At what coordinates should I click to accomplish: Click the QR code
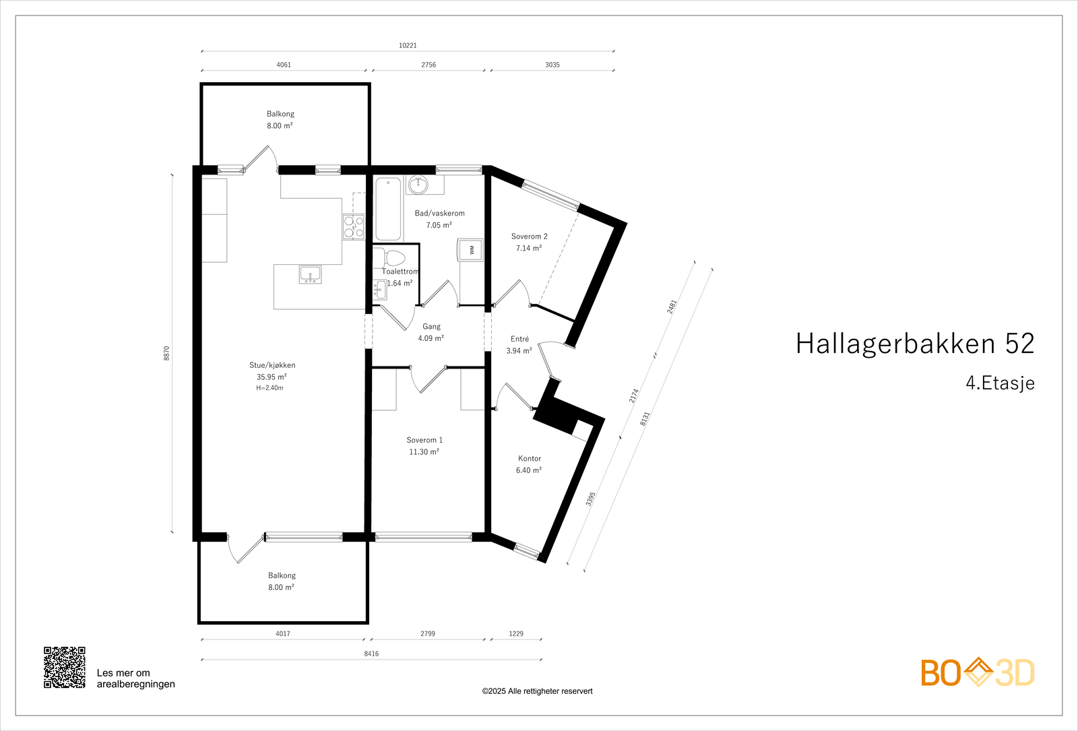pyautogui.click(x=65, y=668)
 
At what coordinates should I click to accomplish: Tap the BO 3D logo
pyautogui.click(x=977, y=672)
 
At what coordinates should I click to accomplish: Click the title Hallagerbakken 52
pyautogui.click(x=914, y=344)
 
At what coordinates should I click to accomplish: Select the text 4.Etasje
pyautogui.click(x=1000, y=383)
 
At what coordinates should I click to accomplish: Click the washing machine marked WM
pyautogui.click(x=471, y=249)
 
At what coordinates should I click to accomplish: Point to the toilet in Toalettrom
pyautogui.click(x=390, y=257)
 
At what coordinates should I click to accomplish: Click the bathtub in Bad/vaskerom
pyautogui.click(x=388, y=208)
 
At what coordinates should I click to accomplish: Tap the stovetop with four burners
pyautogui.click(x=354, y=226)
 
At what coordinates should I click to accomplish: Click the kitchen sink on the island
pyautogui.click(x=310, y=274)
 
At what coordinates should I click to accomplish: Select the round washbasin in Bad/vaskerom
pyautogui.click(x=419, y=183)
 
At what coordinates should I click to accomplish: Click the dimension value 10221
pyautogui.click(x=408, y=46)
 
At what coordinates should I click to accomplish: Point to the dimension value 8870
pyautogui.click(x=167, y=353)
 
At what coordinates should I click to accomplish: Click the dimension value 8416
pyautogui.click(x=371, y=654)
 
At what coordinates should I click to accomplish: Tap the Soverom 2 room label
pyautogui.click(x=529, y=236)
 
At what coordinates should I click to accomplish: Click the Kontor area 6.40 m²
pyautogui.click(x=529, y=470)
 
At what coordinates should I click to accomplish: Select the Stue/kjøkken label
pyautogui.click(x=272, y=365)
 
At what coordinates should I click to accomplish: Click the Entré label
pyautogui.click(x=519, y=339)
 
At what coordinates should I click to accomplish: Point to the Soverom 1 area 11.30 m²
pyautogui.click(x=424, y=452)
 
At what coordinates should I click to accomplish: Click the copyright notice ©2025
pyautogui.click(x=537, y=691)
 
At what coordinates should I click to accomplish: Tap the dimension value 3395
pyautogui.click(x=591, y=499)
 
